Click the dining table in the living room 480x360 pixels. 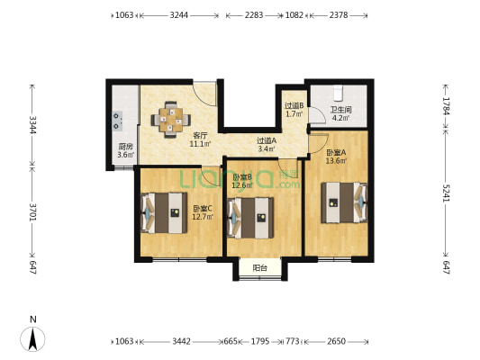(171, 120)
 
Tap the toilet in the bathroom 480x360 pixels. (338, 93)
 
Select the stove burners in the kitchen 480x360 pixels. (117, 121)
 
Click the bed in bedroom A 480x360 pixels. (344, 202)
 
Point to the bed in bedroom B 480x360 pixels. (250, 218)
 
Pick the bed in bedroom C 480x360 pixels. (164, 213)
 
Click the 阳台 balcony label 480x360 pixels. (260, 268)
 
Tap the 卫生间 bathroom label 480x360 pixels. (340, 109)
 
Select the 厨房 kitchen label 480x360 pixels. (126, 147)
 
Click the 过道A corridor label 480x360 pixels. (267, 140)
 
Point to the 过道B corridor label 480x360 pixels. (294, 106)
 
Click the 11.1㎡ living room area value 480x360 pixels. (200, 143)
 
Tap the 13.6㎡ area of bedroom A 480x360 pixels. (336, 160)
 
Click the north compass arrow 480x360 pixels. (32, 339)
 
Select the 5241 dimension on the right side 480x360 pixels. (447, 193)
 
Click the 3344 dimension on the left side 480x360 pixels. (32, 125)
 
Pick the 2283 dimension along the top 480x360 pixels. (254, 15)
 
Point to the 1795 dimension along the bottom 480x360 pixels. (260, 341)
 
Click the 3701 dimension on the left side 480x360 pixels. (32, 212)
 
